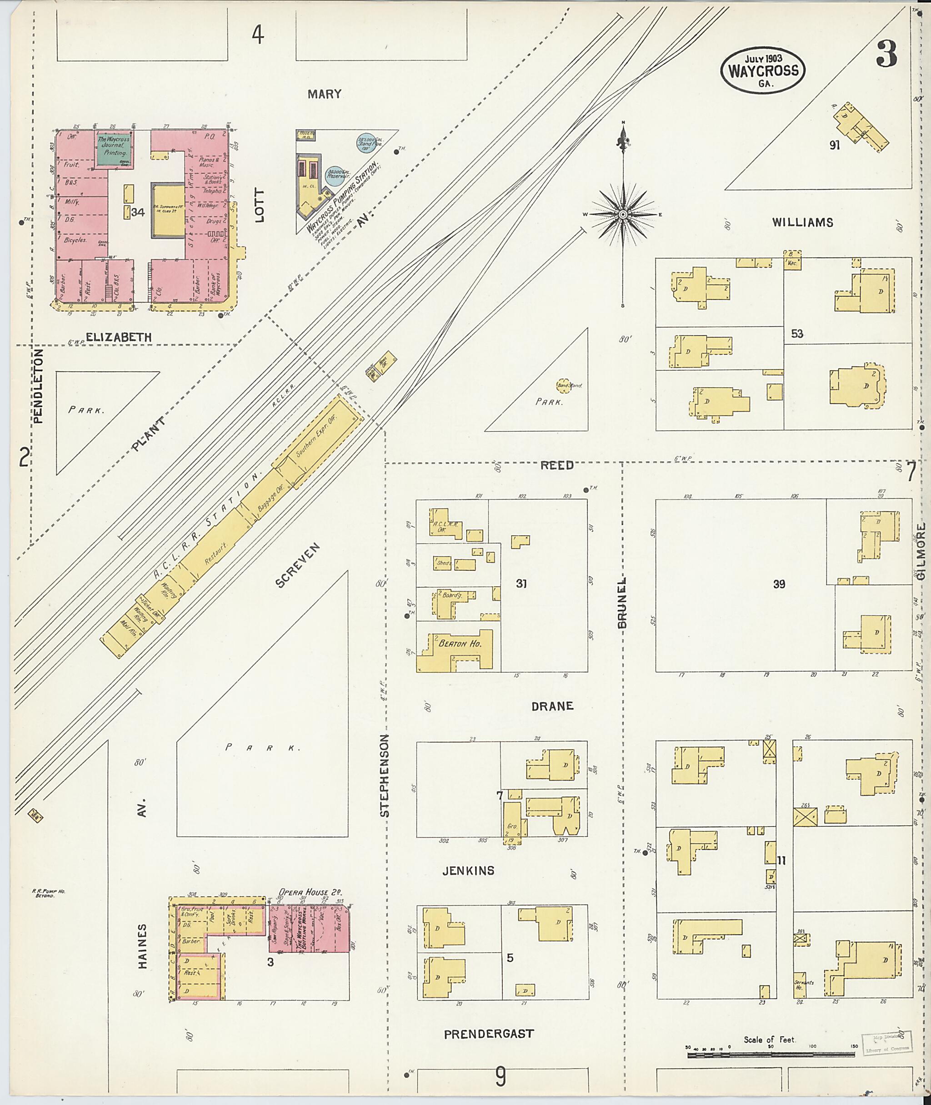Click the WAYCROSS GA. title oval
click(x=763, y=70)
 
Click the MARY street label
click(x=325, y=95)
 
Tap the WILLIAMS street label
click(x=802, y=222)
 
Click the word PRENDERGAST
click(x=489, y=1034)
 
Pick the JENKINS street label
click(x=468, y=870)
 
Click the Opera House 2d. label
click(x=310, y=892)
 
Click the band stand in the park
click(x=563, y=385)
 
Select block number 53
click(x=797, y=334)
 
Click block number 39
click(x=779, y=584)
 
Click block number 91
click(x=835, y=145)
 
